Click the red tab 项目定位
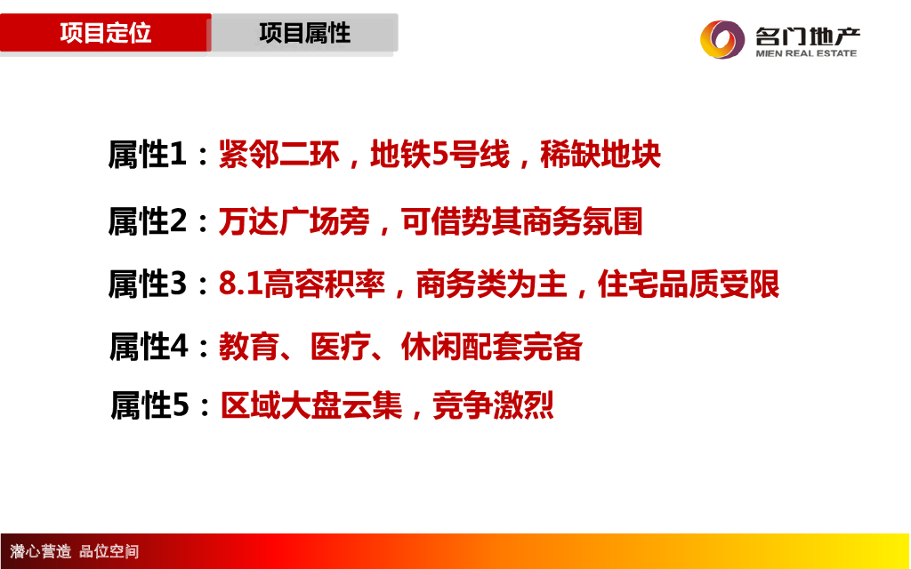click(x=105, y=33)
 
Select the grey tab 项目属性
click(x=304, y=33)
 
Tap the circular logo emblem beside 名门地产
click(x=722, y=39)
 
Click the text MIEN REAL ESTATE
click(x=806, y=53)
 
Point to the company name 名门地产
click(x=808, y=36)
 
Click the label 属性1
click(x=148, y=155)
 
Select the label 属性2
click(x=148, y=221)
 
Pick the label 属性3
click(x=148, y=284)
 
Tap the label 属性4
click(x=149, y=347)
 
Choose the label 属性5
click(x=149, y=405)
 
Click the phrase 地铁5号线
click(x=439, y=155)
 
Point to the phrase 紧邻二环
click(x=278, y=155)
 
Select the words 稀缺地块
click(x=601, y=155)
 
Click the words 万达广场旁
click(x=294, y=221)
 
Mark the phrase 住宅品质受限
click(x=689, y=284)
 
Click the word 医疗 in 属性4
click(x=341, y=347)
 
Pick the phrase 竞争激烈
click(x=493, y=405)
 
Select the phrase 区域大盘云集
click(x=311, y=405)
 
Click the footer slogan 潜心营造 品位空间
click(x=75, y=551)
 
